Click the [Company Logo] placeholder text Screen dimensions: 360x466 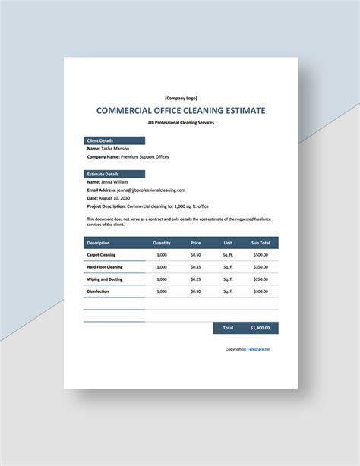[180, 97]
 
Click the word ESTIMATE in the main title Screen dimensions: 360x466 [239, 110]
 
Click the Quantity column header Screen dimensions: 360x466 [162, 243]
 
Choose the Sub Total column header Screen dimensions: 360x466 [261, 243]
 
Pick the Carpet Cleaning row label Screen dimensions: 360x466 [102, 255]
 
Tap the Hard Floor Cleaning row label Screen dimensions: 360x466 [105, 267]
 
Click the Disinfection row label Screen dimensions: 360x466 [98, 291]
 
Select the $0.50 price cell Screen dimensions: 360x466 [196, 255]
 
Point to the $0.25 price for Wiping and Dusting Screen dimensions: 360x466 [196, 279]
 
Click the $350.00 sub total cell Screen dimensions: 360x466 [261, 267]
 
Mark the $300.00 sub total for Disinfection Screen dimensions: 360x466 [261, 291]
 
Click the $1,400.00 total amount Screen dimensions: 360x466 [260, 328]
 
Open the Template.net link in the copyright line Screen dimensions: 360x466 [257, 349]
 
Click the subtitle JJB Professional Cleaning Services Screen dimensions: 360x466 [180, 122]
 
